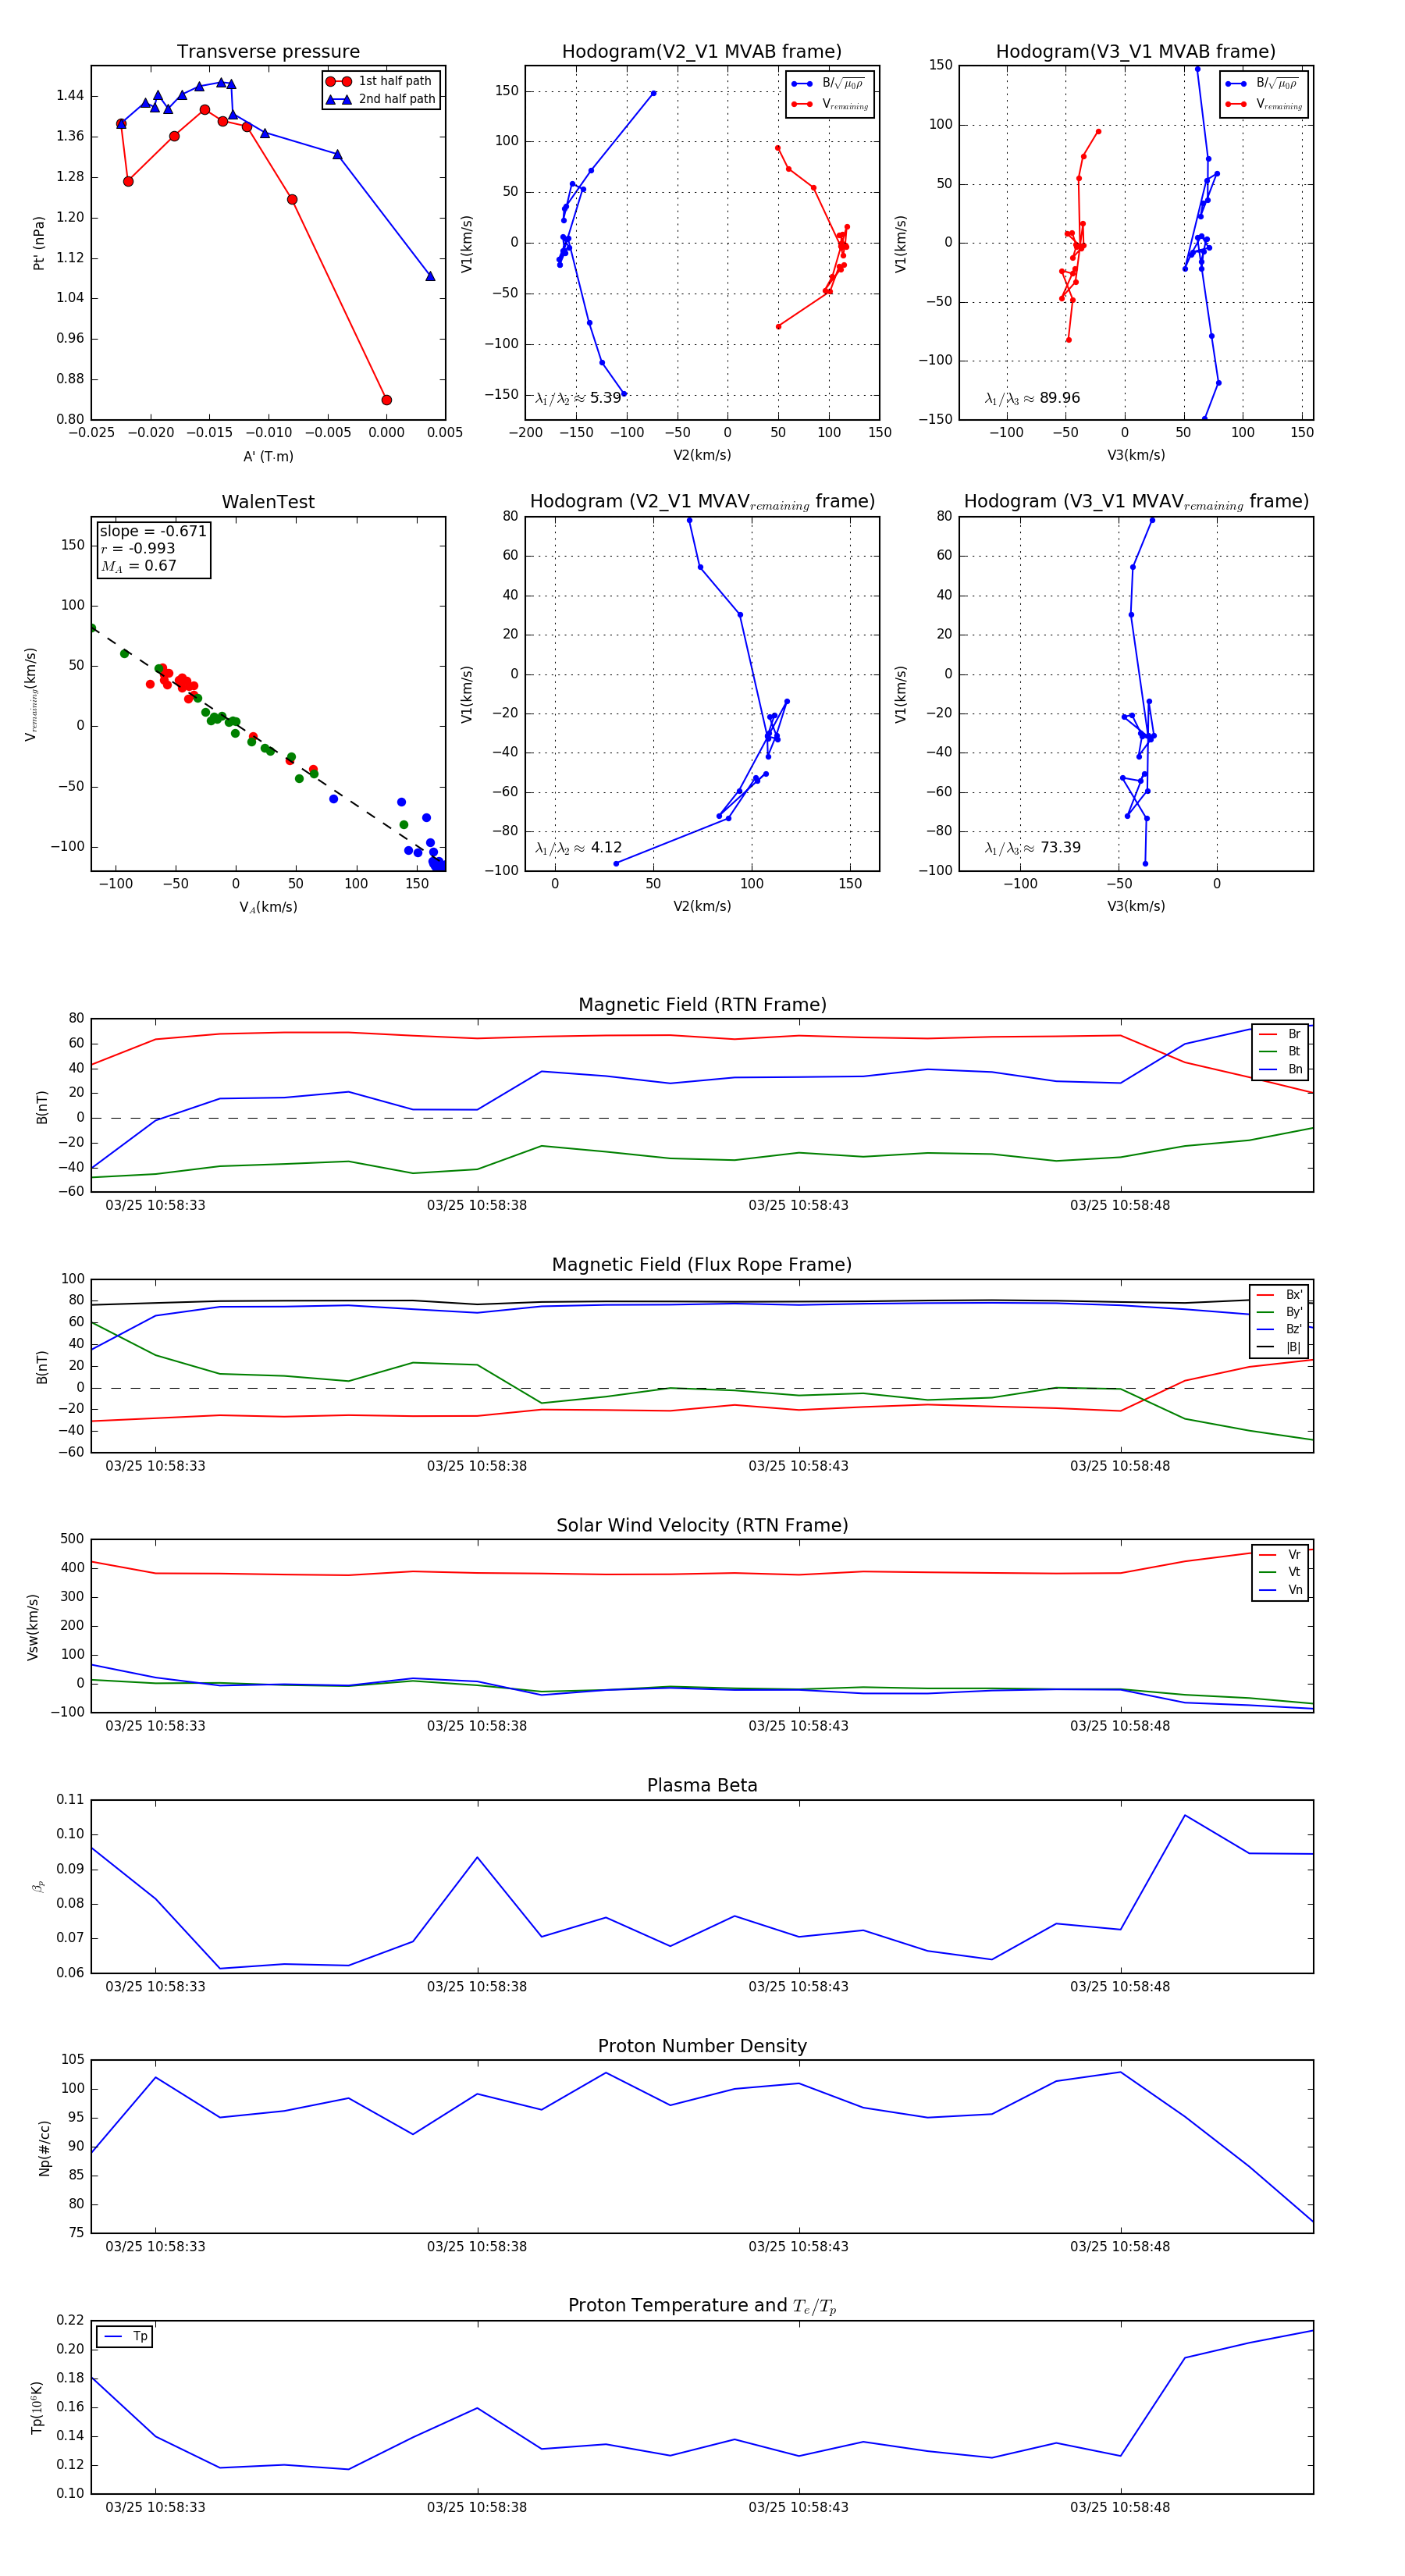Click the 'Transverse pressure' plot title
(x=268, y=52)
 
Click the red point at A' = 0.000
(x=387, y=400)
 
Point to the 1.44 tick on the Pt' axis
(x=70, y=96)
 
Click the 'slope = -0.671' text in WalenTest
(x=153, y=531)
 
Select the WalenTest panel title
(x=268, y=502)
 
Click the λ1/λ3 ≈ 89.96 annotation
(x=1032, y=398)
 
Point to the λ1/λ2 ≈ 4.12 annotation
(x=578, y=848)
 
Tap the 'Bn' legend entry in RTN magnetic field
(x=1294, y=1069)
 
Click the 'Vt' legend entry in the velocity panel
(x=1294, y=1572)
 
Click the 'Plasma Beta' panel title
(x=702, y=1786)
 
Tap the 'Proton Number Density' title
(x=702, y=2046)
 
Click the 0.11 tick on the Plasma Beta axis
(x=70, y=1800)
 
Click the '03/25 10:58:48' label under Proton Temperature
(x=1120, y=2507)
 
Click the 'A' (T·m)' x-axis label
(x=268, y=457)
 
